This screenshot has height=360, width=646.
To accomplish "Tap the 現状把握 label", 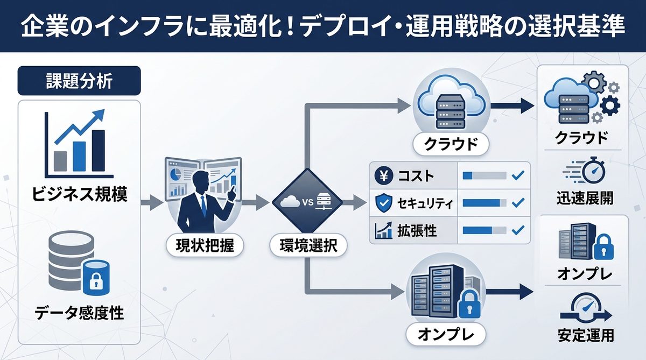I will click(x=203, y=246).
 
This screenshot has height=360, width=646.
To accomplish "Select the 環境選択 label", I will click(x=308, y=246).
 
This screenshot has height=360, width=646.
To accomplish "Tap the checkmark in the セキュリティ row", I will click(x=518, y=203).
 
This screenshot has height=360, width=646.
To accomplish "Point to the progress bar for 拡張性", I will click(x=484, y=231).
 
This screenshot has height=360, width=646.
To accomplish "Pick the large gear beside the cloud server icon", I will click(x=594, y=83).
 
